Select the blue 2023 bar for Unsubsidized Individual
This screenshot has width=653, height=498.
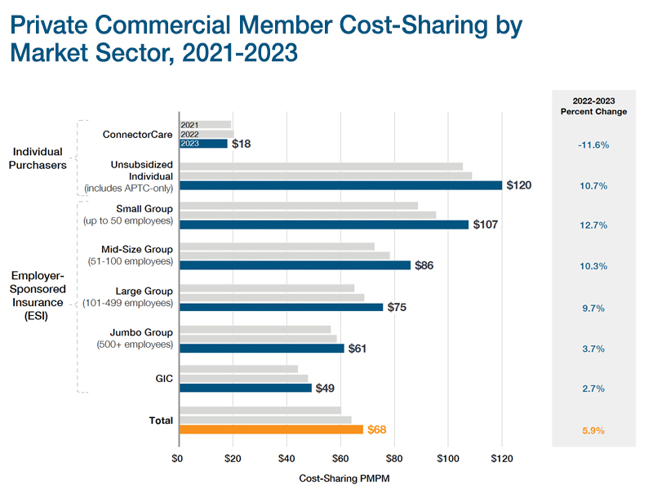pos(341,185)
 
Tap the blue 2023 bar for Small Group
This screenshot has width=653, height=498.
pos(324,225)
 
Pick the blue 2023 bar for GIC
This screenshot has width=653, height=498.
pos(246,388)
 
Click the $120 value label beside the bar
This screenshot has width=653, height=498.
pos(519,185)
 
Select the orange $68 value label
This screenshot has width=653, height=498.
pos(377,429)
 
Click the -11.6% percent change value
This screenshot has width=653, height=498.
pos(593,145)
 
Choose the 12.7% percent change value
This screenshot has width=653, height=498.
pos(593,226)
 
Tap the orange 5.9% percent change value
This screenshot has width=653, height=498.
pos(593,430)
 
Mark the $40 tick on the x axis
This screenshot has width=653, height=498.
pos(287,459)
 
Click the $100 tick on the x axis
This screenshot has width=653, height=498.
pos(447,459)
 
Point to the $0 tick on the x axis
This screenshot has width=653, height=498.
pos(178,459)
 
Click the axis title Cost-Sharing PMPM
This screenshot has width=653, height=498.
pos(341,479)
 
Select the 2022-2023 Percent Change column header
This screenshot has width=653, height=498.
pos(593,105)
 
